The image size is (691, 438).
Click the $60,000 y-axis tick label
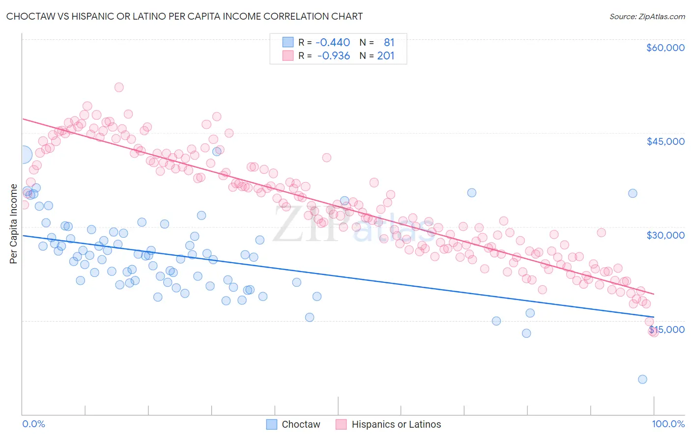665,48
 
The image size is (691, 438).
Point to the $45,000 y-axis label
665,141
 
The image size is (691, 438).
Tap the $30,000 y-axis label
665,235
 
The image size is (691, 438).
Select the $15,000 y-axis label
666,329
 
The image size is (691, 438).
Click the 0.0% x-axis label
33,424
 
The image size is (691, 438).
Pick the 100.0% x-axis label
668,424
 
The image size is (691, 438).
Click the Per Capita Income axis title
14,223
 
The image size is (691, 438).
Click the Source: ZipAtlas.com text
647,16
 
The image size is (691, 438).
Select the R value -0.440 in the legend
333,42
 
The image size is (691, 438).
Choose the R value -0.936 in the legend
334,55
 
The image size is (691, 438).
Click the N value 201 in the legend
386,55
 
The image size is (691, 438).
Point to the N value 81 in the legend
389,42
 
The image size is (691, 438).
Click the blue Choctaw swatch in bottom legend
272,424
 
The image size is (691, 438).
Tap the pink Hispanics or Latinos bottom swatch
341,424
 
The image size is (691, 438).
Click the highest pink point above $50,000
119,87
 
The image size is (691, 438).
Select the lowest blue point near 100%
642,379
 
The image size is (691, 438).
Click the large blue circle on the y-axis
23,155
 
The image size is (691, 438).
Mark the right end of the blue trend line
654,317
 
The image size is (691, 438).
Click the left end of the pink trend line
23,119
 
